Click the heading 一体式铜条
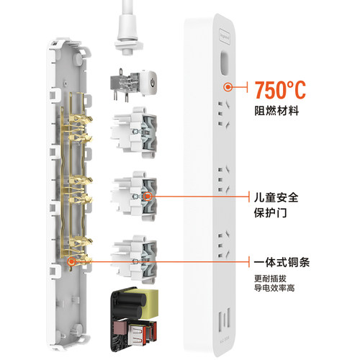click(282, 261)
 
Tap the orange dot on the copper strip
click(71, 262)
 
